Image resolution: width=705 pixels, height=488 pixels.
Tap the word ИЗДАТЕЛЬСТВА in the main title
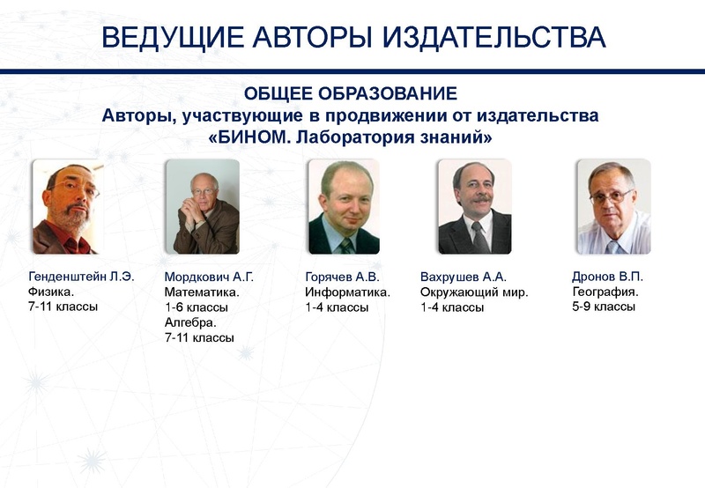[x=494, y=37]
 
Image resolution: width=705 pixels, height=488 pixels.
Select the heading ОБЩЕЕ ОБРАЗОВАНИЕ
[x=351, y=93]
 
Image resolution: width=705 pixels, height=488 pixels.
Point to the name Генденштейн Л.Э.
[x=81, y=277]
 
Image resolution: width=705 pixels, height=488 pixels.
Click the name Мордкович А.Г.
[x=209, y=277]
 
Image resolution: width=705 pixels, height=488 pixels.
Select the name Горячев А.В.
[x=342, y=277]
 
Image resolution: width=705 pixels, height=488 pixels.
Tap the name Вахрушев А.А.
[x=464, y=277]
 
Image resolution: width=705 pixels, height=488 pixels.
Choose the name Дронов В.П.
[x=607, y=277]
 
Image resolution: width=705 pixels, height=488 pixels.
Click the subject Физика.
[x=51, y=292]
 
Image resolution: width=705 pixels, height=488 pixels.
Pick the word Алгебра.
[x=190, y=322]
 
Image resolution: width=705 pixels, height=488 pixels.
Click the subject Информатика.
[x=347, y=292]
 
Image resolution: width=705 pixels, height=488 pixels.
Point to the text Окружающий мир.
[x=474, y=292]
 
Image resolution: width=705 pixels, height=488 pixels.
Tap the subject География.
[x=605, y=292]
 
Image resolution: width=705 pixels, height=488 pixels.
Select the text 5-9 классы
[x=604, y=307]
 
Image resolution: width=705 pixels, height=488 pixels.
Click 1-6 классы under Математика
[x=197, y=307]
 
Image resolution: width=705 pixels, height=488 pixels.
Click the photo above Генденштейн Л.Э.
[x=69, y=207]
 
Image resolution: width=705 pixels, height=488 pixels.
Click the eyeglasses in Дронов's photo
[x=612, y=196]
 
